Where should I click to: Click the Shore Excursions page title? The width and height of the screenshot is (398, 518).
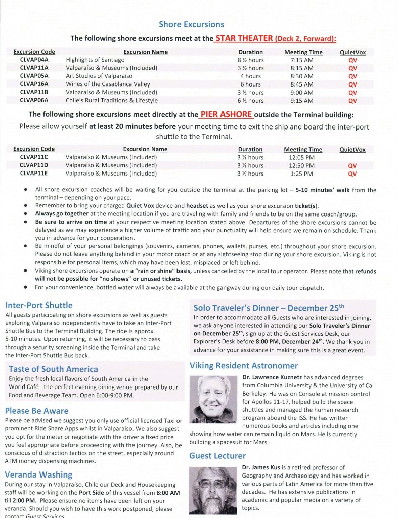(x=191, y=24)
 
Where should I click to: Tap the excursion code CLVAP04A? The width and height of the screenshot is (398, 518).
(x=34, y=60)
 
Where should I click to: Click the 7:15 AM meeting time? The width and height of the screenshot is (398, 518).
(x=303, y=60)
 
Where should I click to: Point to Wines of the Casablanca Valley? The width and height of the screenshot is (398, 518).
(x=105, y=84)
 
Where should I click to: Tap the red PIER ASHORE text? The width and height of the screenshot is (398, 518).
(x=226, y=114)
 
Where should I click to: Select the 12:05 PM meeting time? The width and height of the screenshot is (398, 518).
(x=302, y=157)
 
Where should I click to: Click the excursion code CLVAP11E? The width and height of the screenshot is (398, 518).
(x=34, y=174)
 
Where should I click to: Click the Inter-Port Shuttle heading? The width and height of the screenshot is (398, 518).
(x=39, y=305)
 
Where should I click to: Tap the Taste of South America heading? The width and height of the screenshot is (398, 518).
(x=53, y=369)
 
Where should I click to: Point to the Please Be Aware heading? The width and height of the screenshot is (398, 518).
(x=37, y=411)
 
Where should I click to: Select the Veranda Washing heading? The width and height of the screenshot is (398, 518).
(x=38, y=474)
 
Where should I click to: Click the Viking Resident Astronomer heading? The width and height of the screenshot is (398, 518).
(x=244, y=365)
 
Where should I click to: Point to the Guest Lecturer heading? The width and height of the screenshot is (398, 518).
(x=217, y=455)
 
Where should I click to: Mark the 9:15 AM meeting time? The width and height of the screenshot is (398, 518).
(x=303, y=100)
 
